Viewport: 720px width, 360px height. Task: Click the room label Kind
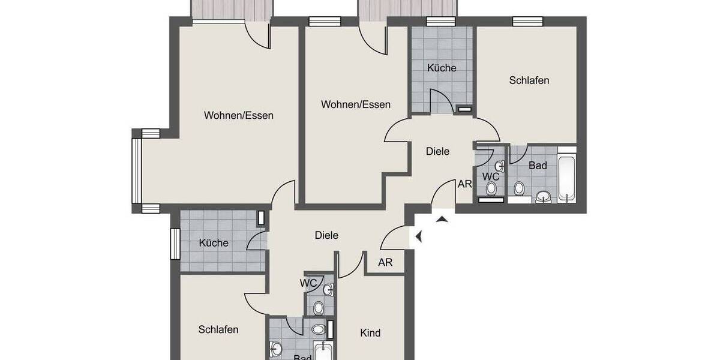tap(370, 332)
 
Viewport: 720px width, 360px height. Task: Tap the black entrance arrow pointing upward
tap(442, 219)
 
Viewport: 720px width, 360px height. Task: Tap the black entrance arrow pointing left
tap(418, 237)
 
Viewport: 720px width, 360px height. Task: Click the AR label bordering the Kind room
tap(385, 262)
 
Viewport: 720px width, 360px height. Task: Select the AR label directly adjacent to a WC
tap(464, 184)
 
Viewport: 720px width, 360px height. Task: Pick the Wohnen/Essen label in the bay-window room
tap(238, 115)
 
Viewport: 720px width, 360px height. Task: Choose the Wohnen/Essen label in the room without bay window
tap(356, 104)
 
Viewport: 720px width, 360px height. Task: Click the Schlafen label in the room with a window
tap(529, 80)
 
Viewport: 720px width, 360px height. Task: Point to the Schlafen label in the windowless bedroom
tap(218, 329)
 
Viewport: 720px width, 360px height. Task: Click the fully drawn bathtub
tap(566, 178)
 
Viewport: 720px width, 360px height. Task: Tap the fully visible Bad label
tap(538, 165)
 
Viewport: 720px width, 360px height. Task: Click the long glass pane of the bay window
tap(136, 170)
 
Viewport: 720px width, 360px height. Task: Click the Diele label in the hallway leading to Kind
tap(326, 235)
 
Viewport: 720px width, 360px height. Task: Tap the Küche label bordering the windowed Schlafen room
tap(442, 68)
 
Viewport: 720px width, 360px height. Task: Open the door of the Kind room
tap(351, 265)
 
